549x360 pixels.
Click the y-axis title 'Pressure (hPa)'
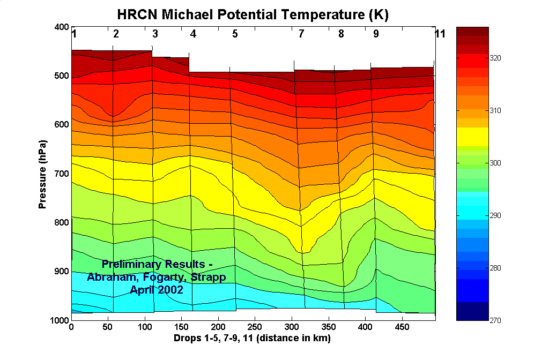(x=42, y=174)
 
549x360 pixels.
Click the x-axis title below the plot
(x=251, y=339)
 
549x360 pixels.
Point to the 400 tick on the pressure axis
(x=62, y=27)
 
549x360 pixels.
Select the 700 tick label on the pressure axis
(x=62, y=174)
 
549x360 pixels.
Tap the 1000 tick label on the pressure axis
(x=60, y=320)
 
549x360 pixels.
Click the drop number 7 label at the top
(x=301, y=34)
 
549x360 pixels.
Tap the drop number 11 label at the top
(x=440, y=34)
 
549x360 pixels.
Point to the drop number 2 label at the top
(x=116, y=34)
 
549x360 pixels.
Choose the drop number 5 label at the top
(x=235, y=34)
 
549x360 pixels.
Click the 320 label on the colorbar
(x=495, y=58)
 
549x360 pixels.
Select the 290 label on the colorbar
(x=495, y=215)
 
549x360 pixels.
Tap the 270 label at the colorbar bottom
(x=495, y=320)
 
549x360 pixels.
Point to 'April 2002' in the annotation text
(x=156, y=289)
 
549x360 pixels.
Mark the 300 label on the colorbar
(x=495, y=163)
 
